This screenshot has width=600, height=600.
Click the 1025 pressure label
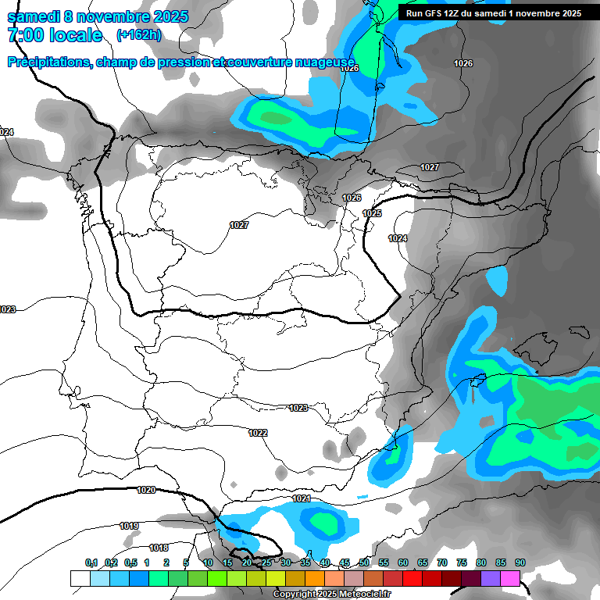coord(372,213)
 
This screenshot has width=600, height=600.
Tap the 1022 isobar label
coord(259,433)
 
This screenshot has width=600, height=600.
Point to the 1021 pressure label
coord(302,498)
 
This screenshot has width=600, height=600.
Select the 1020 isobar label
coord(146,490)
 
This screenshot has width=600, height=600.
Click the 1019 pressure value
coord(129,526)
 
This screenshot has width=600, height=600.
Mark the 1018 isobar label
coord(159,548)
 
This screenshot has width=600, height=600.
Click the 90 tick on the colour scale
coord(520,563)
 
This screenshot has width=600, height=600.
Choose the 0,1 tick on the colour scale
coord(91,563)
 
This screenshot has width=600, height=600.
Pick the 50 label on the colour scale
coord(364,563)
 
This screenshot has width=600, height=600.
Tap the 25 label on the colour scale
coord(266,563)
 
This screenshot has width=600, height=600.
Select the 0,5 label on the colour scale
coord(130,563)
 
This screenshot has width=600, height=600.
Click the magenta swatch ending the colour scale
coord(510,578)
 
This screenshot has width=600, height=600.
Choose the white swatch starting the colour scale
coord(80,578)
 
